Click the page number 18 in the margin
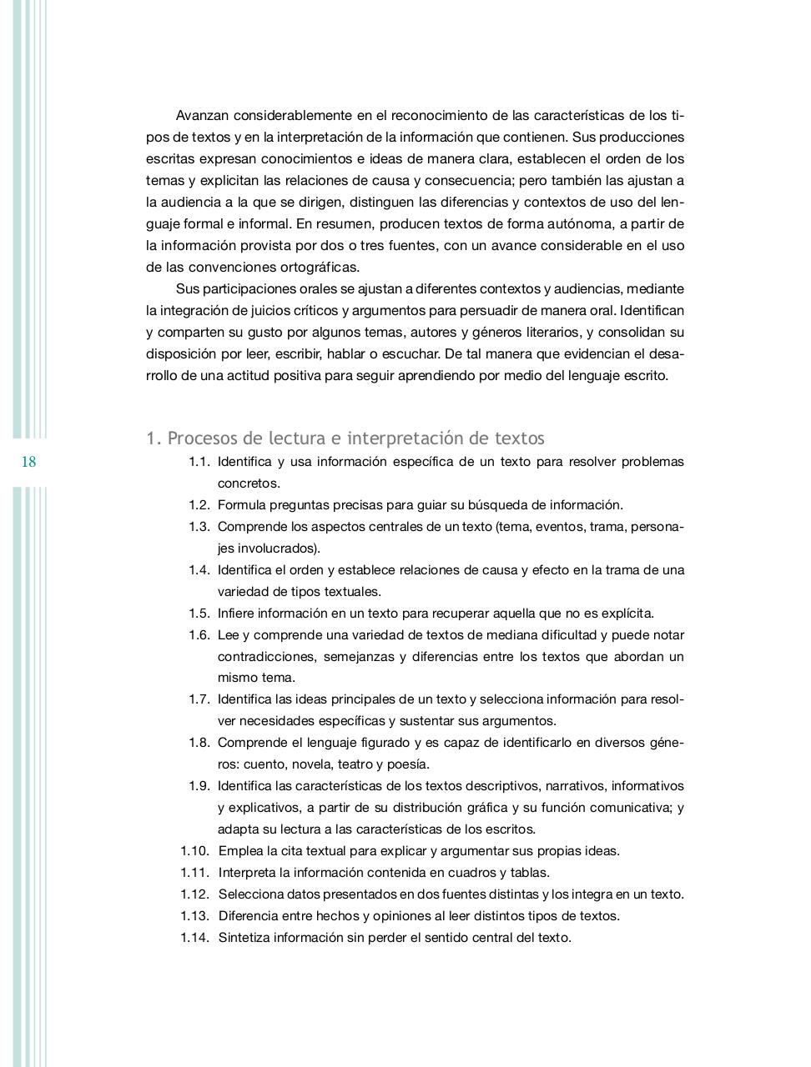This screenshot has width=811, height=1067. [28, 462]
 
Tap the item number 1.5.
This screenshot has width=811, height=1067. [199, 614]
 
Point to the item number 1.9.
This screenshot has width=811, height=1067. [199, 786]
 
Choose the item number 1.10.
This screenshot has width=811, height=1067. [194, 851]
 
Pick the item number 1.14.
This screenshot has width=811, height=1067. [194, 938]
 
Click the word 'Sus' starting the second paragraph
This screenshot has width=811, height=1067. [187, 289]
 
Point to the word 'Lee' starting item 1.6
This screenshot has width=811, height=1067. [228, 635]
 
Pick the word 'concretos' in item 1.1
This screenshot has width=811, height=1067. [248, 483]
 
